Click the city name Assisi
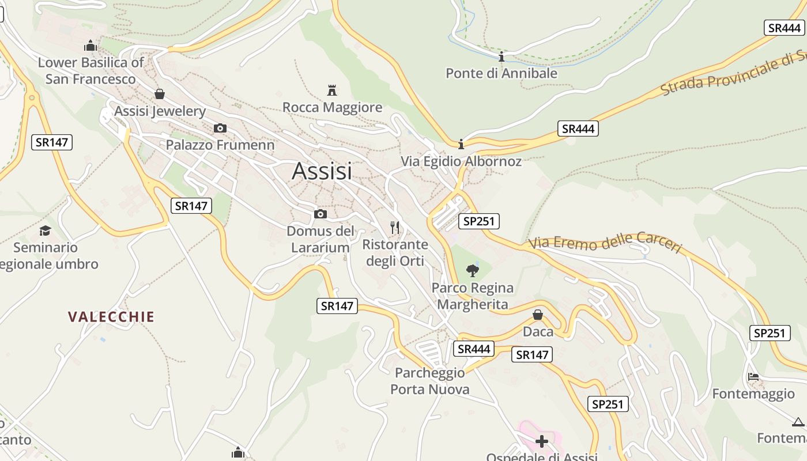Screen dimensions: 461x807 pyautogui.click(x=322, y=171)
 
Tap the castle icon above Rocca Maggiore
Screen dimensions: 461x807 pyautogui.click(x=331, y=90)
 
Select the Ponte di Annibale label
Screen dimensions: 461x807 pyautogui.click(x=501, y=73)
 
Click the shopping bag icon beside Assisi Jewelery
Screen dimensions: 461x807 pyautogui.click(x=160, y=94)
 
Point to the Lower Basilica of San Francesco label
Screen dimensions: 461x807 pyautogui.click(x=90, y=70)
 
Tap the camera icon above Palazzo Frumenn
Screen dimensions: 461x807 pyautogui.click(x=220, y=128)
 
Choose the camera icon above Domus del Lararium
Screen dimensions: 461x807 pyautogui.click(x=320, y=214)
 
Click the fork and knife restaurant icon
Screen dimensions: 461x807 pyautogui.click(x=395, y=227)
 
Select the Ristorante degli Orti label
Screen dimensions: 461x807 pyautogui.click(x=395, y=252)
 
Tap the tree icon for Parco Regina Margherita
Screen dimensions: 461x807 pyautogui.click(x=473, y=270)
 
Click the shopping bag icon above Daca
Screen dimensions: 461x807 pyautogui.click(x=538, y=315)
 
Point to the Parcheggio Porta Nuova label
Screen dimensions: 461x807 pyautogui.click(x=430, y=381)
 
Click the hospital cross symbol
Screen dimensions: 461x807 pyautogui.click(x=542, y=441)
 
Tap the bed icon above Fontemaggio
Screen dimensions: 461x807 pyautogui.click(x=753, y=377)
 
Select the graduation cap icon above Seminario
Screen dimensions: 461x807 pyautogui.click(x=45, y=231)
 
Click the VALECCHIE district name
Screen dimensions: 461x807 pyautogui.click(x=111, y=316)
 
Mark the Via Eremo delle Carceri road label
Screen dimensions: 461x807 pyautogui.click(x=605, y=243)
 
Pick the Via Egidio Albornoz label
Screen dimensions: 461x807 pyautogui.click(x=461, y=161)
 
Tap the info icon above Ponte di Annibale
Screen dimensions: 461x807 pyautogui.click(x=501, y=56)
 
